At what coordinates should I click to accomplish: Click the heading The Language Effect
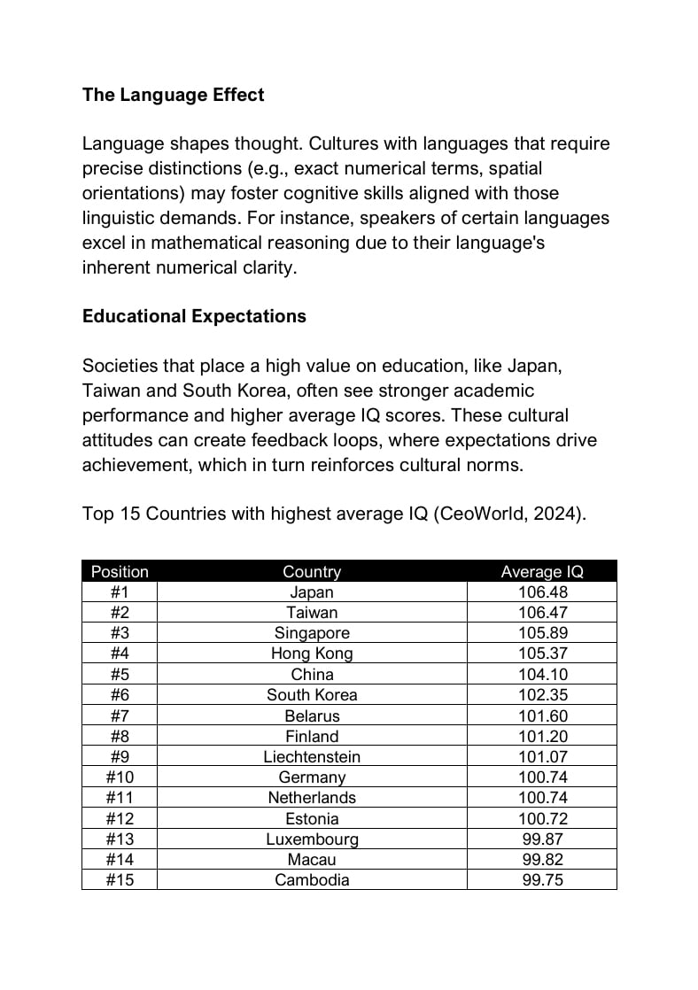click(x=173, y=95)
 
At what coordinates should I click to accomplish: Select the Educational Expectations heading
click(x=194, y=316)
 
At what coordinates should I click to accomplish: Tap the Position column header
click(x=120, y=571)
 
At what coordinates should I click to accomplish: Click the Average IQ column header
click(x=542, y=571)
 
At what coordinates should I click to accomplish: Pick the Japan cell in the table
click(x=312, y=592)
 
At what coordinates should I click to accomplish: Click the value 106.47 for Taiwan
click(x=542, y=613)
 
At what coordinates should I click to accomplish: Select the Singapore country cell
click(x=312, y=633)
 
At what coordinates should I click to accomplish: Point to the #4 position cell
click(x=120, y=654)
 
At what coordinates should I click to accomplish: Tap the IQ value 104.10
click(x=542, y=675)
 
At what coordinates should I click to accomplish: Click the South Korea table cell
click(x=312, y=695)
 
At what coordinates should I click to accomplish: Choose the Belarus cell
click(x=312, y=715)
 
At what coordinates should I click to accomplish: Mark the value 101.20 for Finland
click(x=542, y=736)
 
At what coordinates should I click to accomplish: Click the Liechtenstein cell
click(x=312, y=757)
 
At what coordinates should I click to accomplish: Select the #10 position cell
click(x=120, y=777)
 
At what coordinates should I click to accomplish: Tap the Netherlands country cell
click(x=312, y=798)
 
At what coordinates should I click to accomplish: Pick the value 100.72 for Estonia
click(x=542, y=818)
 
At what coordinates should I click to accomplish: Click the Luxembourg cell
click(x=312, y=839)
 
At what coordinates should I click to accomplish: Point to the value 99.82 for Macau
click(x=542, y=859)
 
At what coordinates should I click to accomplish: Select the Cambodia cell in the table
click(x=312, y=880)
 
